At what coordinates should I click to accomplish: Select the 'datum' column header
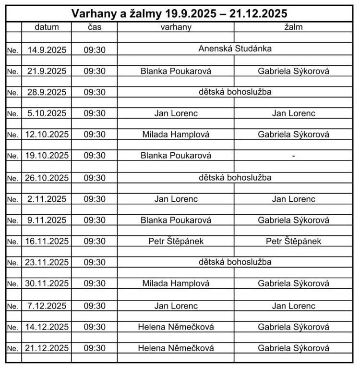point(47,27)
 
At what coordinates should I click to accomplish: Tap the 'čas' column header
point(95,27)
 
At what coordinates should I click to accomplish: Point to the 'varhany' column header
point(176,27)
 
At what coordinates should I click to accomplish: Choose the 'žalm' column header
point(293,27)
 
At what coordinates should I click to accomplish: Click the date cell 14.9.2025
point(47,49)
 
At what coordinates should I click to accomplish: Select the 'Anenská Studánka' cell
point(235,49)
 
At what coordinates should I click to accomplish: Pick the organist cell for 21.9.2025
point(176,71)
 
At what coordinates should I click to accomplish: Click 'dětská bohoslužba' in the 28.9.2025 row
point(235,92)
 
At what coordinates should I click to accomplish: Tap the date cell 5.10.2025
point(47,114)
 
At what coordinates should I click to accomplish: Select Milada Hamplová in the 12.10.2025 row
point(176,135)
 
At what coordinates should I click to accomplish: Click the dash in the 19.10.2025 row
point(293,156)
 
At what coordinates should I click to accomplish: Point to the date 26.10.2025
point(47,178)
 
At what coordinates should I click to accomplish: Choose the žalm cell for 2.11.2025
point(293,199)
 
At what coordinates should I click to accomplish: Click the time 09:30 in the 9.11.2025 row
point(95,220)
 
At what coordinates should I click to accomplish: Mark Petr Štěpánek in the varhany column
point(176,241)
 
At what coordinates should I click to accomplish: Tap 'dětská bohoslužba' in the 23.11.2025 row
point(235,262)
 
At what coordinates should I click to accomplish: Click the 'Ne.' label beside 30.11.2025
point(12,284)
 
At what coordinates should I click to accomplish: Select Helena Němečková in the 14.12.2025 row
point(176,327)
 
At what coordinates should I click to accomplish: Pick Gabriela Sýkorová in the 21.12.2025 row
point(293,348)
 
